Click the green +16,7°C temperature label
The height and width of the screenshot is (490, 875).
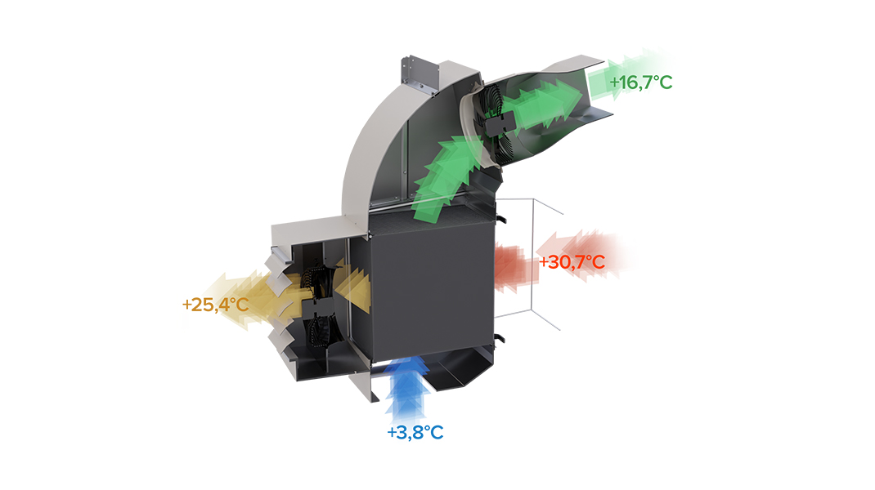[640, 82]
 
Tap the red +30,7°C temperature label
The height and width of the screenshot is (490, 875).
[572, 262]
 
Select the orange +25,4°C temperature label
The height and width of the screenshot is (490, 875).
[215, 305]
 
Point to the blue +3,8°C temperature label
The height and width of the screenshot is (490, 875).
[415, 432]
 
